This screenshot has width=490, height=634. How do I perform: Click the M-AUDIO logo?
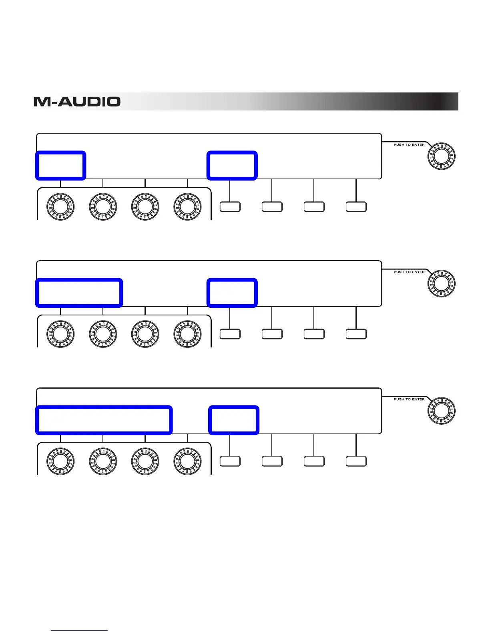click(x=77, y=102)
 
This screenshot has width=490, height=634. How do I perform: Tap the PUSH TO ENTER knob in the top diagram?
click(x=442, y=156)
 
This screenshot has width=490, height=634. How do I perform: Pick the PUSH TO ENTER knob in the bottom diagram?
click(x=442, y=410)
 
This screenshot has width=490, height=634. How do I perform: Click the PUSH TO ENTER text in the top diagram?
click(x=409, y=145)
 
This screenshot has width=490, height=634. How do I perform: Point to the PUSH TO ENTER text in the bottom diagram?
click(x=409, y=399)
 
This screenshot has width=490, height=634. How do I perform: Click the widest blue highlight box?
click(x=104, y=420)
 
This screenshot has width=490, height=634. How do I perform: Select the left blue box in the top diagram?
click(x=61, y=165)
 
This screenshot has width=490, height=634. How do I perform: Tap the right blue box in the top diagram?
click(x=232, y=165)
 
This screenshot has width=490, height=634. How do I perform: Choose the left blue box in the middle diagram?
click(x=79, y=293)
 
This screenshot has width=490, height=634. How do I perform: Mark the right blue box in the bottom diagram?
click(x=234, y=420)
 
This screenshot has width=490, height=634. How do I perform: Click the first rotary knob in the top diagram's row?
click(x=60, y=207)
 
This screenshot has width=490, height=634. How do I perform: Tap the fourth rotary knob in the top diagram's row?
click(x=187, y=207)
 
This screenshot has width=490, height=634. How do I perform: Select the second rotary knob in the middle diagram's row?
click(x=103, y=334)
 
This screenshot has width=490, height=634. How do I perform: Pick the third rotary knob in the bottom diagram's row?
click(x=145, y=461)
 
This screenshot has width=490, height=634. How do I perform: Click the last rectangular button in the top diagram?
click(x=356, y=207)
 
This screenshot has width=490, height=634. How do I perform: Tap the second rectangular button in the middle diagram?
click(x=272, y=334)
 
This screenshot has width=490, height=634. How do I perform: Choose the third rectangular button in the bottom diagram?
click(x=314, y=461)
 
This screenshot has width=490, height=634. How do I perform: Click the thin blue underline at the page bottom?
click(x=79, y=631)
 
